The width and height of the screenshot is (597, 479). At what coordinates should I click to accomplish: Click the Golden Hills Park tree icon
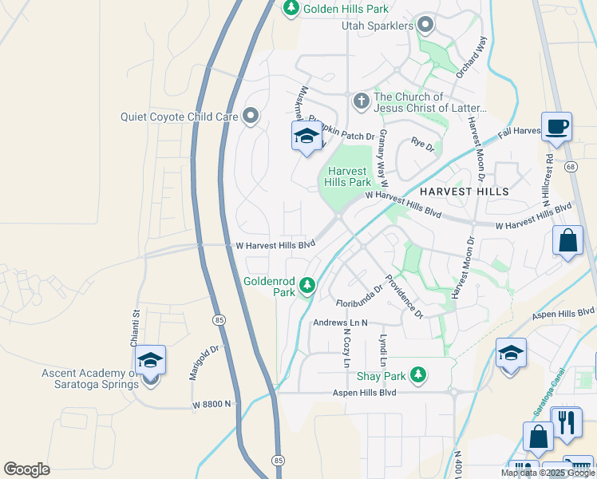click(291, 7)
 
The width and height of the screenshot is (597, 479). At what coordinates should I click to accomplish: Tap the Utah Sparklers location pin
click(425, 26)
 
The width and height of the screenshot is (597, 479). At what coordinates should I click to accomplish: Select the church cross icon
click(361, 101)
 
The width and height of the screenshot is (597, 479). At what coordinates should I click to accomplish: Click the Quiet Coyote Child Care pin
click(251, 117)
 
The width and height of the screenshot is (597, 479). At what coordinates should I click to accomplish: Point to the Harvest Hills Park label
click(346, 176)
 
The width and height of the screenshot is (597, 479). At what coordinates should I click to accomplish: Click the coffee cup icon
click(555, 125)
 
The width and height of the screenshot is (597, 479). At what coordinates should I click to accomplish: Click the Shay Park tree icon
click(417, 374)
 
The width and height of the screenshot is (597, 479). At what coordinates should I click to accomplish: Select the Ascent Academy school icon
click(149, 361)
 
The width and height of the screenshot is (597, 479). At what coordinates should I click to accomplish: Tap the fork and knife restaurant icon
click(567, 421)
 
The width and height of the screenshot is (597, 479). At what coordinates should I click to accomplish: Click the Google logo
click(26, 469)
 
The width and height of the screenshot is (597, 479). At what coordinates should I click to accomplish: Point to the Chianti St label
click(136, 328)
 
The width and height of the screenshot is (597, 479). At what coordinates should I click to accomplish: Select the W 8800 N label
click(212, 405)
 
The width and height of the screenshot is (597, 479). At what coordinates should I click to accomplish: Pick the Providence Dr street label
click(404, 296)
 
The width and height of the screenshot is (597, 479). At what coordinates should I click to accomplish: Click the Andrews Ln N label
click(340, 323)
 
